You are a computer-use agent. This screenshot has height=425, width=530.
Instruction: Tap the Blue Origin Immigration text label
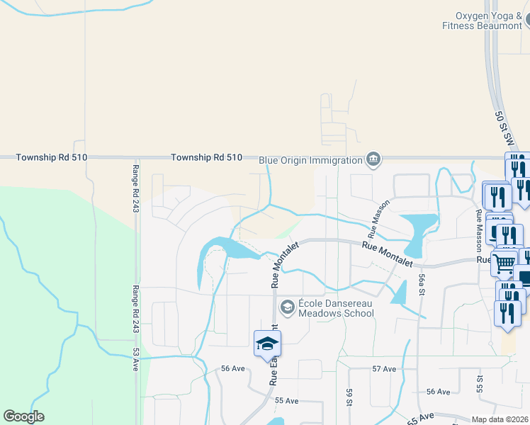click(310, 160)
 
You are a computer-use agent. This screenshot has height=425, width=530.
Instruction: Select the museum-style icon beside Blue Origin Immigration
click(373, 159)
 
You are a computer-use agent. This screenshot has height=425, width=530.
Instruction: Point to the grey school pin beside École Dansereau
click(287, 307)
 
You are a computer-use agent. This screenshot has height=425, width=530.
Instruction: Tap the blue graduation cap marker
click(267, 344)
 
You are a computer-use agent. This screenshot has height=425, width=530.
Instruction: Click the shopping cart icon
click(504, 263)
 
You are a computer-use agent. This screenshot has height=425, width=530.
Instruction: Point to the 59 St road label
click(349, 397)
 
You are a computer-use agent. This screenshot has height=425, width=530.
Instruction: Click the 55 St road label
click(480, 385)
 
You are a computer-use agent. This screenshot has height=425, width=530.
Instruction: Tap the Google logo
click(24, 416)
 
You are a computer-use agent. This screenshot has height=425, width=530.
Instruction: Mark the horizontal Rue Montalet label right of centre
click(388, 254)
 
